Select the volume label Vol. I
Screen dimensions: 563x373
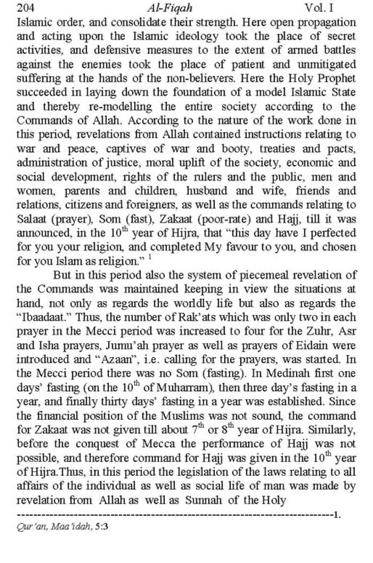pyautogui.click(x=319, y=7)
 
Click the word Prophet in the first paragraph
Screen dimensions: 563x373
pyautogui.click(x=338, y=78)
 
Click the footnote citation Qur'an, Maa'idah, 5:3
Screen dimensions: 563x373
pyautogui.click(x=62, y=527)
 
